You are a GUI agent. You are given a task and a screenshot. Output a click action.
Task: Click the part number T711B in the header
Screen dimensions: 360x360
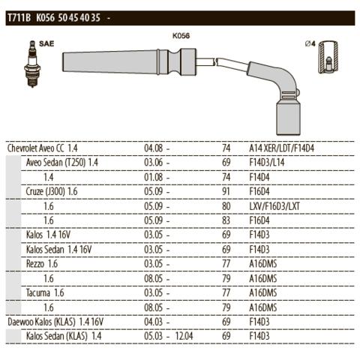tap(19, 18)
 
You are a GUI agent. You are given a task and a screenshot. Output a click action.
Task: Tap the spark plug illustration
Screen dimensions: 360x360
tap(32, 64)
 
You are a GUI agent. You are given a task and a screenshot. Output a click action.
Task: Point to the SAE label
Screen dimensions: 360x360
tap(46, 43)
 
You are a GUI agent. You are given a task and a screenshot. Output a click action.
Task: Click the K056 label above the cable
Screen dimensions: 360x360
tap(181, 36)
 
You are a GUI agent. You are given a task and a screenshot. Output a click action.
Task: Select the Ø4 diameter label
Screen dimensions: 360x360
tap(310, 43)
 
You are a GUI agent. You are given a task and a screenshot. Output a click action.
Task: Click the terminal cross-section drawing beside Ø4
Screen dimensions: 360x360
tap(328, 57)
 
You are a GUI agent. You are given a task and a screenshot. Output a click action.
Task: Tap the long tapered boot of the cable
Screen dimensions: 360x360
tap(110, 62)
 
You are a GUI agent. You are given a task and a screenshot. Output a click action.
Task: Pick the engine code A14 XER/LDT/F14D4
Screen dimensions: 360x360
tap(281, 148)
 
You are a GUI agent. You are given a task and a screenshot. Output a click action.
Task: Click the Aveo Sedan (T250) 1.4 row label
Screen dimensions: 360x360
tap(62, 163)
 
